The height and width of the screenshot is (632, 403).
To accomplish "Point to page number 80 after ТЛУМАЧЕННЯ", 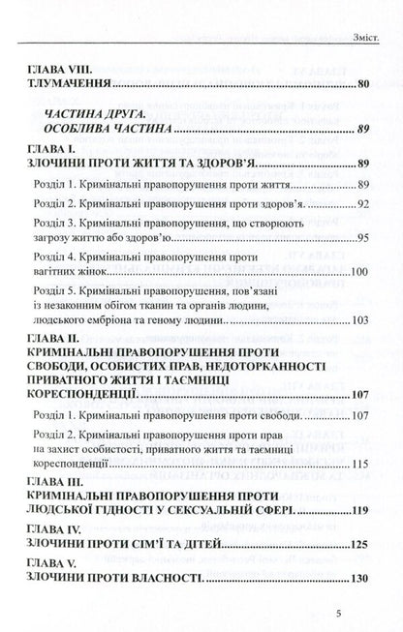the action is click(362, 85).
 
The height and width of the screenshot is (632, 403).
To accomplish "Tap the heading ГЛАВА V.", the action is click(51, 536).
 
